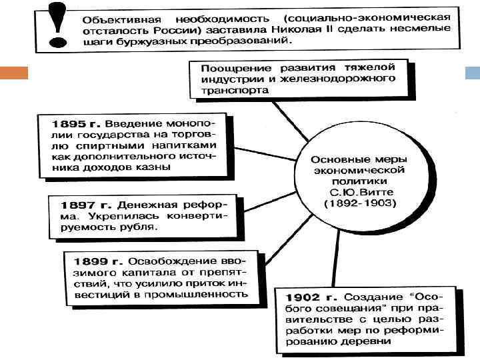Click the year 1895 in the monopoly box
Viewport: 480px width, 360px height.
pyautogui.click(x=69, y=124)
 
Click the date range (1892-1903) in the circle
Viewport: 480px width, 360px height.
pyautogui.click(x=360, y=203)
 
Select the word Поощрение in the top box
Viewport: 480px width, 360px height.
pyautogui.click(x=233, y=68)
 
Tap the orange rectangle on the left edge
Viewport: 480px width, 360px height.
pyautogui.click(x=14, y=73)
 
